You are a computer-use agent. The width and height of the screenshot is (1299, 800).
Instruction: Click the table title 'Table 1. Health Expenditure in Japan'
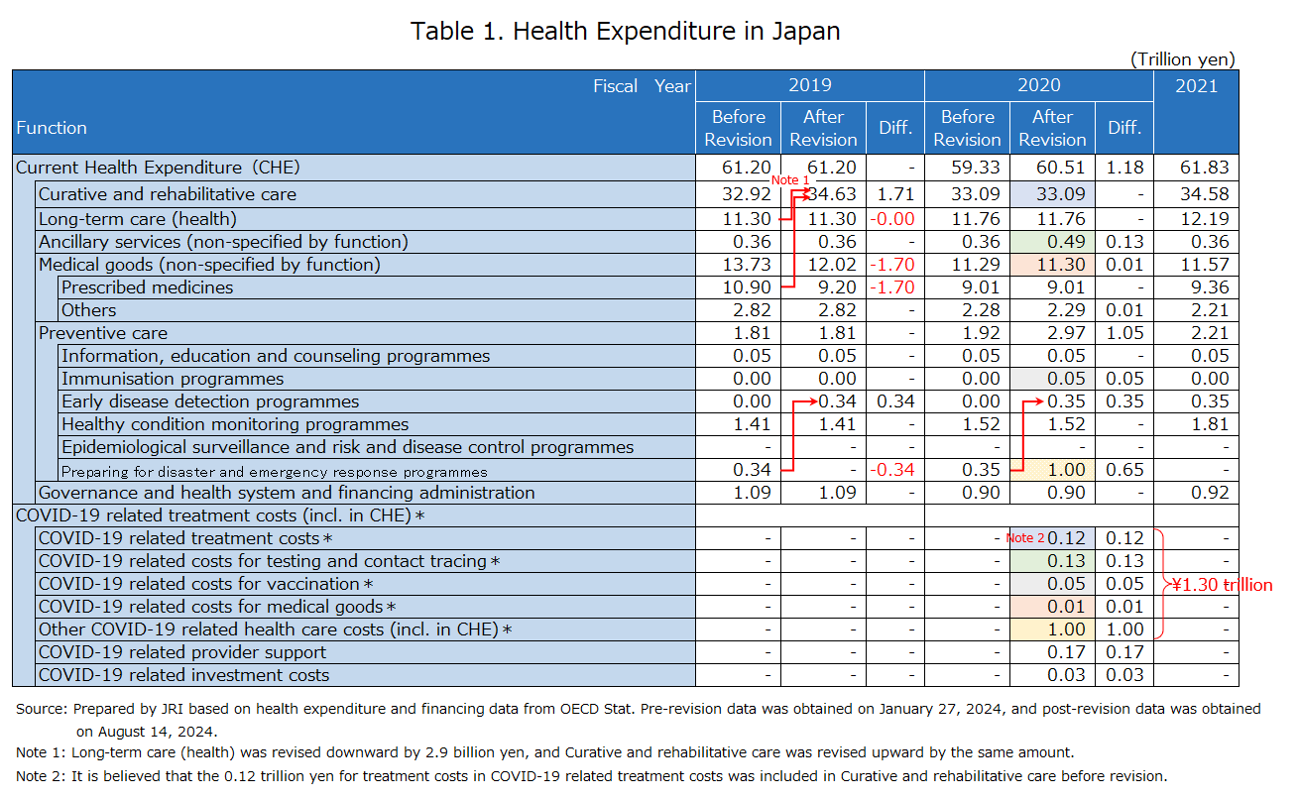tap(625, 32)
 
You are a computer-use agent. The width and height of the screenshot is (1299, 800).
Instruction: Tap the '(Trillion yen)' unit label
tap(1182, 59)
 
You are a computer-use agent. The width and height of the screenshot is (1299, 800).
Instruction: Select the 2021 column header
tap(1196, 86)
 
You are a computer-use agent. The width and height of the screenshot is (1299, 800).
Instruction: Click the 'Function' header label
tap(52, 128)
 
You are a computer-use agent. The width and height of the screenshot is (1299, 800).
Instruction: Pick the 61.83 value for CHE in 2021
tap(1205, 167)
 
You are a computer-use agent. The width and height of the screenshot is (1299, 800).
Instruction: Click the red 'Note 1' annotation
tap(790, 180)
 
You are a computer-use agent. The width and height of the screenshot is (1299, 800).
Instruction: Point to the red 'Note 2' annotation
tap(1025, 538)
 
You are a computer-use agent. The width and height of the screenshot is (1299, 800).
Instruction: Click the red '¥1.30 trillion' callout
tap(1222, 584)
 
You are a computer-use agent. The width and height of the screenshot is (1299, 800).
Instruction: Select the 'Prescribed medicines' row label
tap(148, 287)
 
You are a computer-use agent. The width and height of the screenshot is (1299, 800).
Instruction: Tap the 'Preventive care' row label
tap(103, 333)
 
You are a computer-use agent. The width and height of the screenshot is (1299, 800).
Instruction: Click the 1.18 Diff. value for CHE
tap(1124, 167)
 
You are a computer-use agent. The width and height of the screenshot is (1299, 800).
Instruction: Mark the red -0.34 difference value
tap(891, 470)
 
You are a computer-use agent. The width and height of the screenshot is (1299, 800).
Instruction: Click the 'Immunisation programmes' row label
tap(173, 379)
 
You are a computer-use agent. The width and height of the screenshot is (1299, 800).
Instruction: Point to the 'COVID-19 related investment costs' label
tap(183, 675)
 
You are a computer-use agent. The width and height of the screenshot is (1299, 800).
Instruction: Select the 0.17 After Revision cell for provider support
tap(1066, 652)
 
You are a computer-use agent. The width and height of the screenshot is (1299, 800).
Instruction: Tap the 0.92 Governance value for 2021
tap(1210, 493)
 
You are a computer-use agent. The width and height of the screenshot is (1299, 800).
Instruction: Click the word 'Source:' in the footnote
tap(42, 709)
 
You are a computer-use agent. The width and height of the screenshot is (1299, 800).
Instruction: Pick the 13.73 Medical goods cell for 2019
tap(747, 265)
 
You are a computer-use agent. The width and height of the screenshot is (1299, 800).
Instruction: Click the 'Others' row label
tap(88, 310)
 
